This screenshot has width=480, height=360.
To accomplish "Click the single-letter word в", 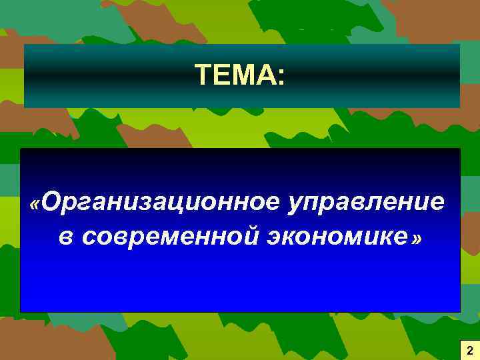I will click(65, 237).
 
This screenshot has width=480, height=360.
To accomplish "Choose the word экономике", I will click(337, 237).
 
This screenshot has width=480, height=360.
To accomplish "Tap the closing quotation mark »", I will click(417, 239).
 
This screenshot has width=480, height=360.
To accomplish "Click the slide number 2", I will click(469, 350).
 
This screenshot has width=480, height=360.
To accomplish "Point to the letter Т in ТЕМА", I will click(203, 75).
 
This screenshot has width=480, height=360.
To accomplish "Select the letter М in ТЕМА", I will click(244, 75).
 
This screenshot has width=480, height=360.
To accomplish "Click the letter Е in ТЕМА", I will click(222, 75).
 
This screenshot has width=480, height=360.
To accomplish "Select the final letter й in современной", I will click(247, 236).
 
